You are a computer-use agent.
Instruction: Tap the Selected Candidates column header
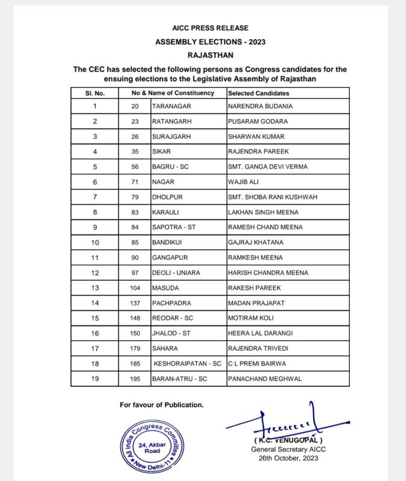click(258, 93)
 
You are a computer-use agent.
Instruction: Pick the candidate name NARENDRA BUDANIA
click(260, 106)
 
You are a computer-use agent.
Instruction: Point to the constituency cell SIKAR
click(161, 152)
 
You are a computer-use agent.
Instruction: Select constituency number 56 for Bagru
click(135, 167)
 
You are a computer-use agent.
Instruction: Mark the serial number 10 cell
click(94, 242)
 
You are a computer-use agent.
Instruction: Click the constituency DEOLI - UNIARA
click(176, 272)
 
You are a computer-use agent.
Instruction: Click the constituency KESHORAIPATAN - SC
click(188, 364)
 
